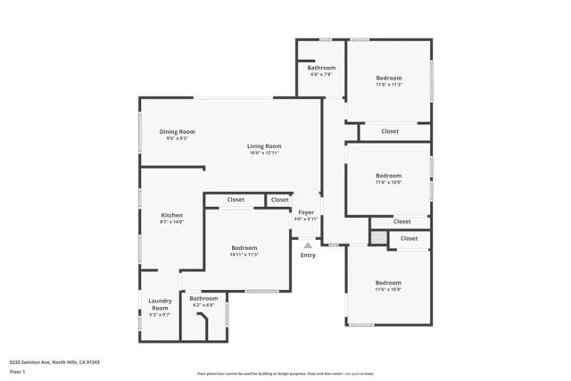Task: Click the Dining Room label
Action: [177, 131]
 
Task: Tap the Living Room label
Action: [265, 146]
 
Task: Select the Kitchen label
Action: [171, 215]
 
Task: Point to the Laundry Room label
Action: [159, 304]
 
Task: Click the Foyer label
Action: [306, 212]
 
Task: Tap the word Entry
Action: [308, 256]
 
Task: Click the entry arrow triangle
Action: [308, 244]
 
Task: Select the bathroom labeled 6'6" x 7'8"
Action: [321, 69]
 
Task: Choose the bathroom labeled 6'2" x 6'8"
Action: [203, 299]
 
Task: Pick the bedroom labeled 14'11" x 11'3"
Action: [244, 248]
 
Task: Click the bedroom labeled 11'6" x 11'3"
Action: [388, 79]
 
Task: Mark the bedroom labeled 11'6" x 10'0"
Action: [388, 176]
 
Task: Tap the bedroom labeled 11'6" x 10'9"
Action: [388, 283]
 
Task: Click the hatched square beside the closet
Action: [380, 238]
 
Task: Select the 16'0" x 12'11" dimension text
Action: [265, 153]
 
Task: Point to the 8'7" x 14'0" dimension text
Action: [171, 222]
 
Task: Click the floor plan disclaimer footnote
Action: [285, 374]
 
